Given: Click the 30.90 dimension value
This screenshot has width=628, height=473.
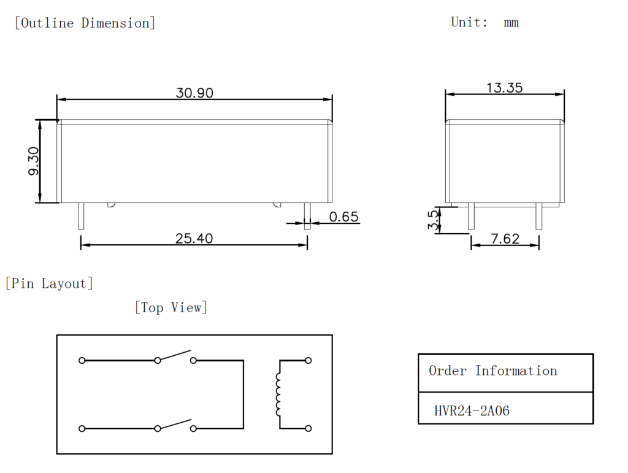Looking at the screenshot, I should (194, 93).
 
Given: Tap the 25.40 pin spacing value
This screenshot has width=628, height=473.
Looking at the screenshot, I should (194, 239).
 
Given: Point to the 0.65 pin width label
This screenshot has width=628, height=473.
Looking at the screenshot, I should (343, 217).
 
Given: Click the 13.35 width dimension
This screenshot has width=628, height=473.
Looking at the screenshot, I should (504, 88).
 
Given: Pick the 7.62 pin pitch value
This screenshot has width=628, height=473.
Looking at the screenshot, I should (505, 239).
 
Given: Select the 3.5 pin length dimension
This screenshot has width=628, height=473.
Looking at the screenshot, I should (434, 221).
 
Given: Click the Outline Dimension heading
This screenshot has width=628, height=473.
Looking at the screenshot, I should (85, 23).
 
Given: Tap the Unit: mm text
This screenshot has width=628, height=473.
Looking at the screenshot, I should (484, 23).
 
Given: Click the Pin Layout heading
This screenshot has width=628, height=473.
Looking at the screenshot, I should (49, 283).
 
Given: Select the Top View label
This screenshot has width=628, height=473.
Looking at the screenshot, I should (170, 307).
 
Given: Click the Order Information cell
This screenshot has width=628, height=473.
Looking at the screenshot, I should (492, 371).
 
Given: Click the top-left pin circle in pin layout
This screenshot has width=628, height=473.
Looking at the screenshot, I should (82, 361).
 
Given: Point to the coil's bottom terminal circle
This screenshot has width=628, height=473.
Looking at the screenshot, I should (308, 428).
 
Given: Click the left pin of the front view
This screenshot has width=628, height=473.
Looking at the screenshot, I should (81, 217).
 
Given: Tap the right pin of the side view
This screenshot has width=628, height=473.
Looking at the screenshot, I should (538, 217).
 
